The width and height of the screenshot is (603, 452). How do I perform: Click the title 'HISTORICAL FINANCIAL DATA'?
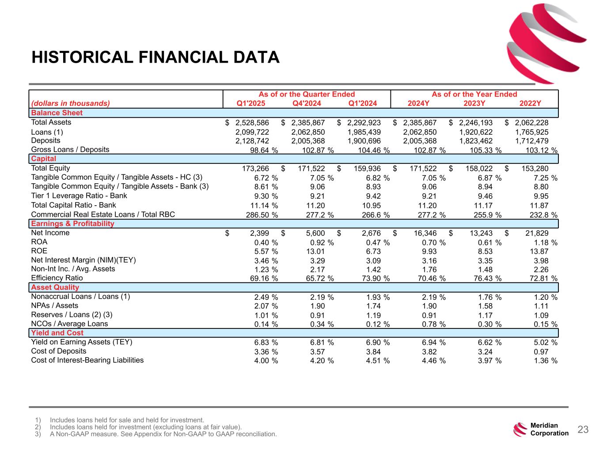click(x=155, y=57)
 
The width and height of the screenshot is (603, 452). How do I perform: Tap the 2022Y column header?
click(x=530, y=104)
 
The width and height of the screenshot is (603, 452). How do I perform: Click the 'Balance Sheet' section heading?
click(x=57, y=113)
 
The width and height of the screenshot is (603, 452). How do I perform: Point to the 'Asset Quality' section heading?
click(x=55, y=287)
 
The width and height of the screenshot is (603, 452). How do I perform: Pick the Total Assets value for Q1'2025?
click(x=252, y=123)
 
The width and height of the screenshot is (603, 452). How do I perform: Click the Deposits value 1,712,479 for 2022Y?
click(x=531, y=141)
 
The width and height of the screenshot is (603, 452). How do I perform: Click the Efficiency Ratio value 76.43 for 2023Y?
click(x=480, y=279)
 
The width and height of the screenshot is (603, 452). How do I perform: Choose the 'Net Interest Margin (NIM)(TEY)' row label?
click(x=83, y=260)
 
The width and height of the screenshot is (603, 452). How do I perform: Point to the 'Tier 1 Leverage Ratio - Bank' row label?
click(x=79, y=196)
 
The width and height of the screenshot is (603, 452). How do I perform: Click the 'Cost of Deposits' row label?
click(x=59, y=351)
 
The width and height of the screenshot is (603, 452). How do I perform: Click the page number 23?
click(x=583, y=429)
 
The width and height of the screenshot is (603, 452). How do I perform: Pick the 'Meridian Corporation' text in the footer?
click(x=549, y=429)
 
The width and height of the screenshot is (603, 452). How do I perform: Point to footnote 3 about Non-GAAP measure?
click(x=163, y=434)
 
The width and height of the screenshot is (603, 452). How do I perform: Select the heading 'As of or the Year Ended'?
click(x=474, y=94)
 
